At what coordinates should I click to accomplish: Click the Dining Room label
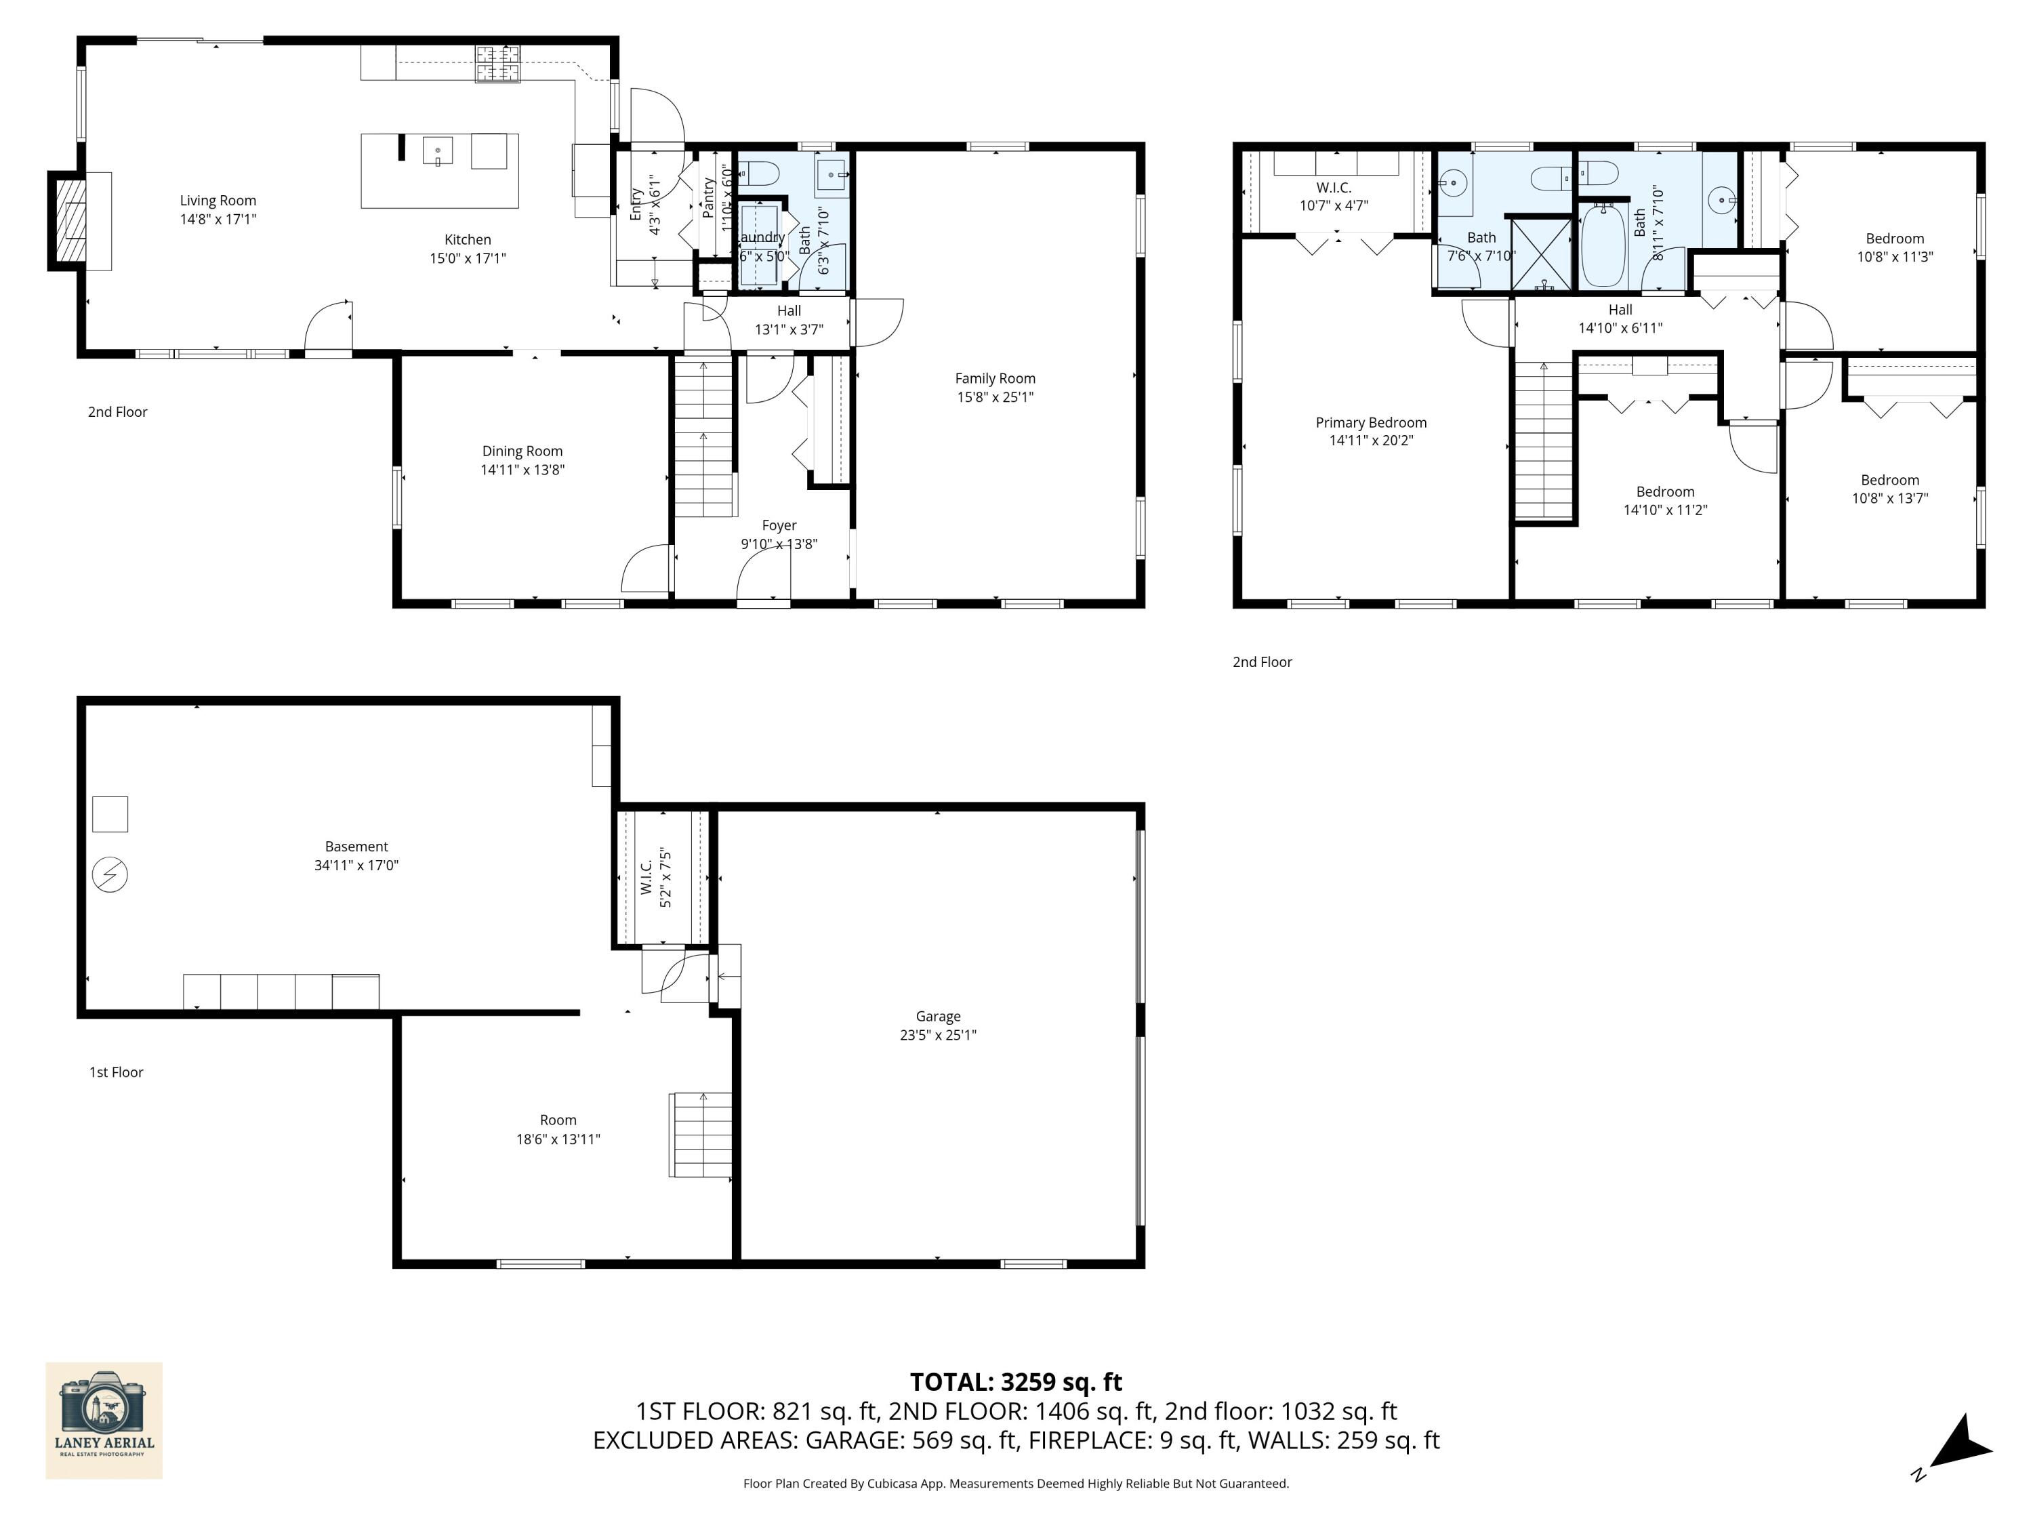(x=522, y=451)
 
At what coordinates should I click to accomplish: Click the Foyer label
(x=779, y=525)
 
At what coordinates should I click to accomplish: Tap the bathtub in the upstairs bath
(x=1604, y=246)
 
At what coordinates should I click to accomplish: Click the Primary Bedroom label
(x=1370, y=422)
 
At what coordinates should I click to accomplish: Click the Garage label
(x=937, y=1016)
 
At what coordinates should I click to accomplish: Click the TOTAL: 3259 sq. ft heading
(x=1016, y=1381)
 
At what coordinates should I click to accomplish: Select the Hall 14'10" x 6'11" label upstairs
(x=1620, y=318)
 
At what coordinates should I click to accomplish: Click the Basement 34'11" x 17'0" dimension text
(x=356, y=865)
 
